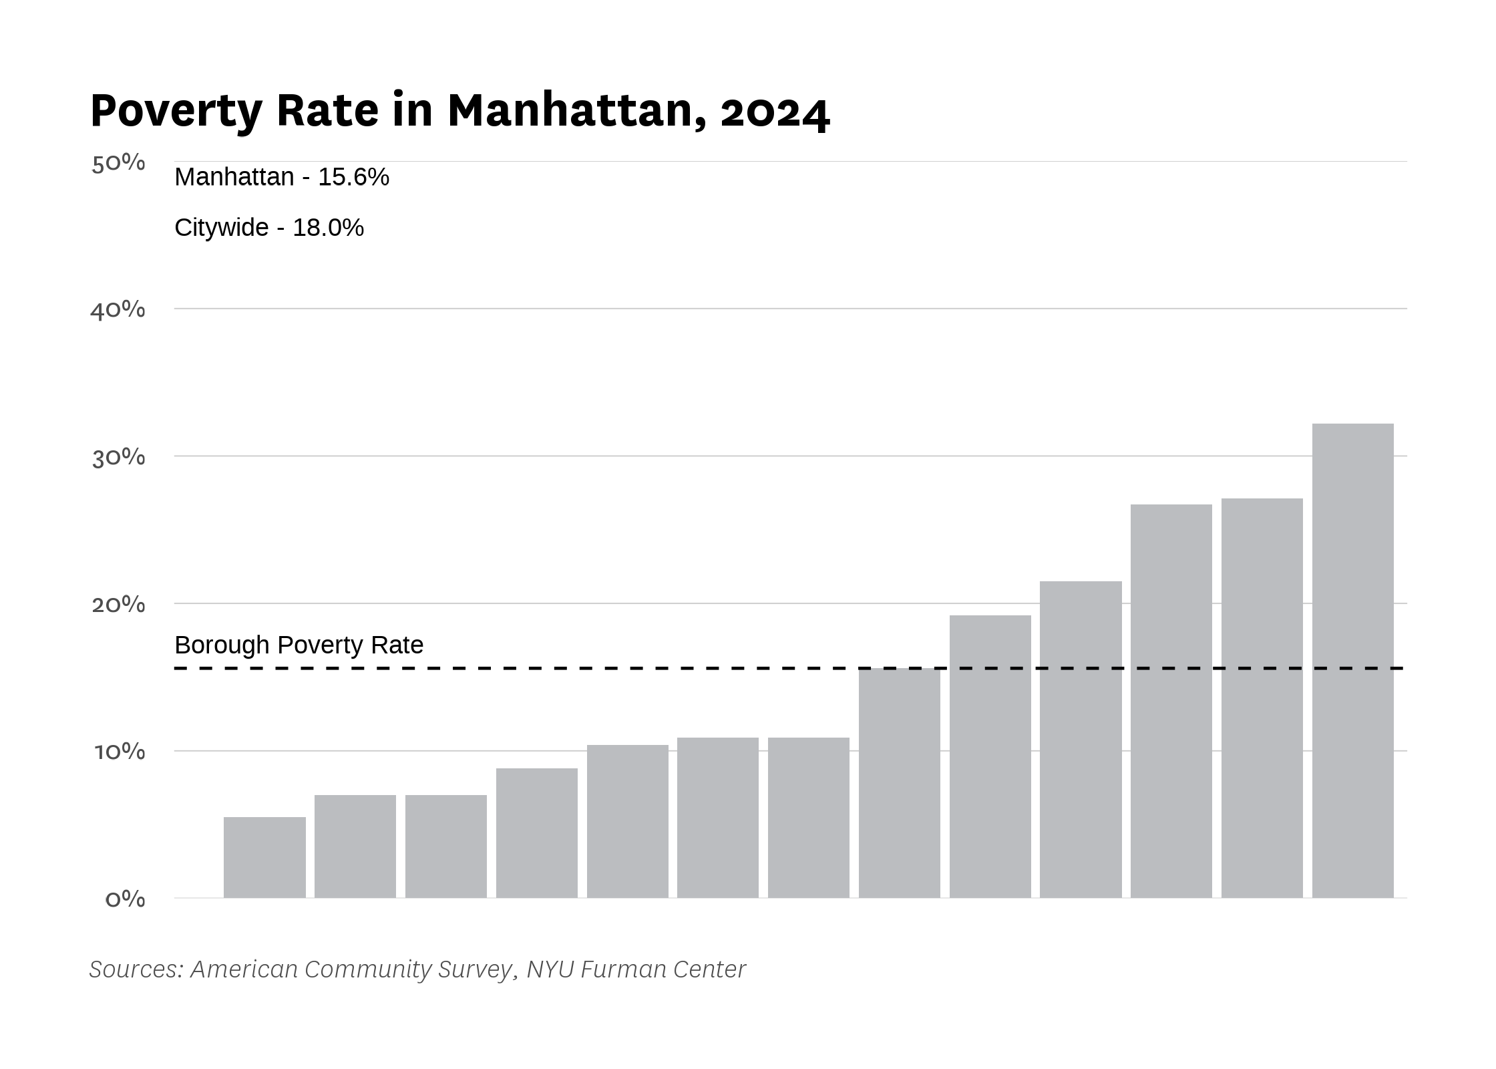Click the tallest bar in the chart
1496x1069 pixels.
coord(1352,661)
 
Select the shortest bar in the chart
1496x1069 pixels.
coord(264,857)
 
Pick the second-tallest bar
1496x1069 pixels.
coord(1262,698)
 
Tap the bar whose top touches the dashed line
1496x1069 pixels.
coord(900,783)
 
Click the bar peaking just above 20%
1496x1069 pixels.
coord(1081,740)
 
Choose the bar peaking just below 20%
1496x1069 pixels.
coord(990,756)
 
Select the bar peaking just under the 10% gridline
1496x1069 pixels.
coord(537,833)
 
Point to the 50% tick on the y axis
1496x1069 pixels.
coord(118,163)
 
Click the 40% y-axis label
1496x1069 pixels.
coord(118,310)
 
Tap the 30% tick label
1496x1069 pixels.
coord(118,458)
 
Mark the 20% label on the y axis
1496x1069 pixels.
coord(118,605)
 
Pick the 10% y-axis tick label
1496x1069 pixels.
coord(120,752)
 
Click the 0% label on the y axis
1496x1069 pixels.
coord(125,899)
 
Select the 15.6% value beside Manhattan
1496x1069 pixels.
coord(353,177)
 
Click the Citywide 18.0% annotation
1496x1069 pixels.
coord(269,228)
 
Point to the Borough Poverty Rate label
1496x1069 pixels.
coord(299,645)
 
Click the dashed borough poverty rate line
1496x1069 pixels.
coord(791,668)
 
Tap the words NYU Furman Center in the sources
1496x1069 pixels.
coord(636,969)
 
